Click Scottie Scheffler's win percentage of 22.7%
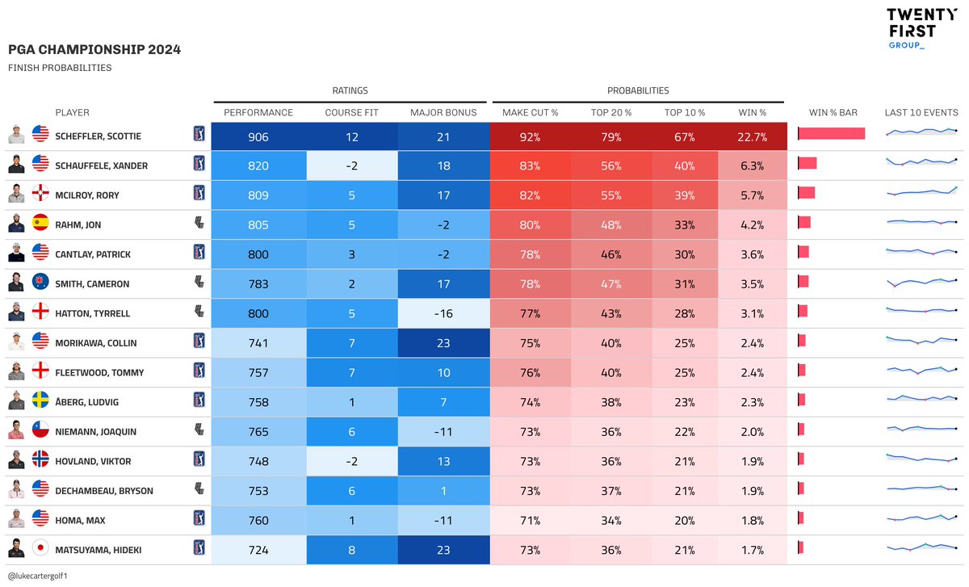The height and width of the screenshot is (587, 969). [752, 137]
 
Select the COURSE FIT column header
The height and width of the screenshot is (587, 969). [351, 112]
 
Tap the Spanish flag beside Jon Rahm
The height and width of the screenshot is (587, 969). [40, 224]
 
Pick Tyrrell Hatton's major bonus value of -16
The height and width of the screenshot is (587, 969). [443, 313]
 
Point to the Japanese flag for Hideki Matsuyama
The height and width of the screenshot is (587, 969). [40, 550]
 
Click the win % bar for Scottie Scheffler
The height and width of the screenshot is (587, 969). [831, 134]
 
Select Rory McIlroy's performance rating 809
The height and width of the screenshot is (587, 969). [258, 195]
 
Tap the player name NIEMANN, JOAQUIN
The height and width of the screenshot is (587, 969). [92, 432]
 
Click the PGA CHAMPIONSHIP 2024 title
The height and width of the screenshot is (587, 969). [94, 50]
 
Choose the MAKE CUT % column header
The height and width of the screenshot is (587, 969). [530, 112]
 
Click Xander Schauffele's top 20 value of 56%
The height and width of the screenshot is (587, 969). [610, 166]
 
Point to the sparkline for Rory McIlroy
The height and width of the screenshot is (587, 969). [921, 192]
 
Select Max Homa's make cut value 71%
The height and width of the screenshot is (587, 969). [530, 521]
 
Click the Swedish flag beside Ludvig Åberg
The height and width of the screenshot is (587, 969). [40, 401]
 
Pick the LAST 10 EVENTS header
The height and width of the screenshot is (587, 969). [921, 112]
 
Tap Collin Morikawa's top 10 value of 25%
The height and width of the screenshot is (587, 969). [685, 343]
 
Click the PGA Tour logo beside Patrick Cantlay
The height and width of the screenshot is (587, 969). [199, 253]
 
